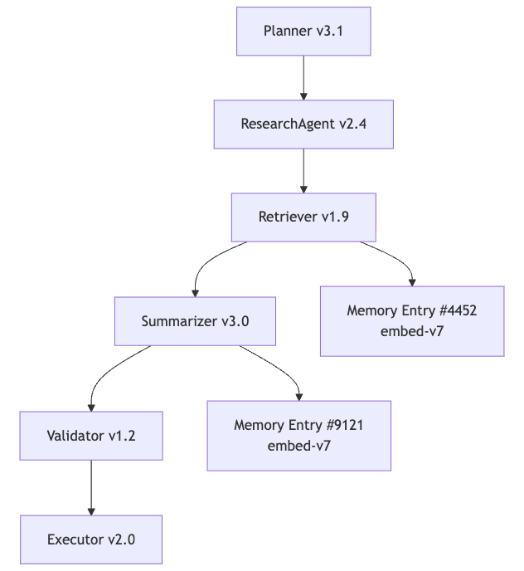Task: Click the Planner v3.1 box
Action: click(303, 32)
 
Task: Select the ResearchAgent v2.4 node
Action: click(303, 124)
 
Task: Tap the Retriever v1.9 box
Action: click(303, 217)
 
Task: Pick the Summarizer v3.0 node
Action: click(195, 321)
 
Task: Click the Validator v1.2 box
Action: click(91, 436)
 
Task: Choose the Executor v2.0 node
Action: click(91, 539)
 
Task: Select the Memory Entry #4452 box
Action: click(412, 321)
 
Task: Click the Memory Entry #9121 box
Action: click(299, 436)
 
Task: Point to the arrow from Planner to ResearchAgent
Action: click(303, 78)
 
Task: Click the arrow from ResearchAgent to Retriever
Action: click(303, 171)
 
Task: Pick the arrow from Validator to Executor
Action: click(91, 488)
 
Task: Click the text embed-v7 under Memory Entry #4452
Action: click(412, 331)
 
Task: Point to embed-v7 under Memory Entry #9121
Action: click(299, 446)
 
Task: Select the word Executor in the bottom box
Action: click(76, 539)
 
